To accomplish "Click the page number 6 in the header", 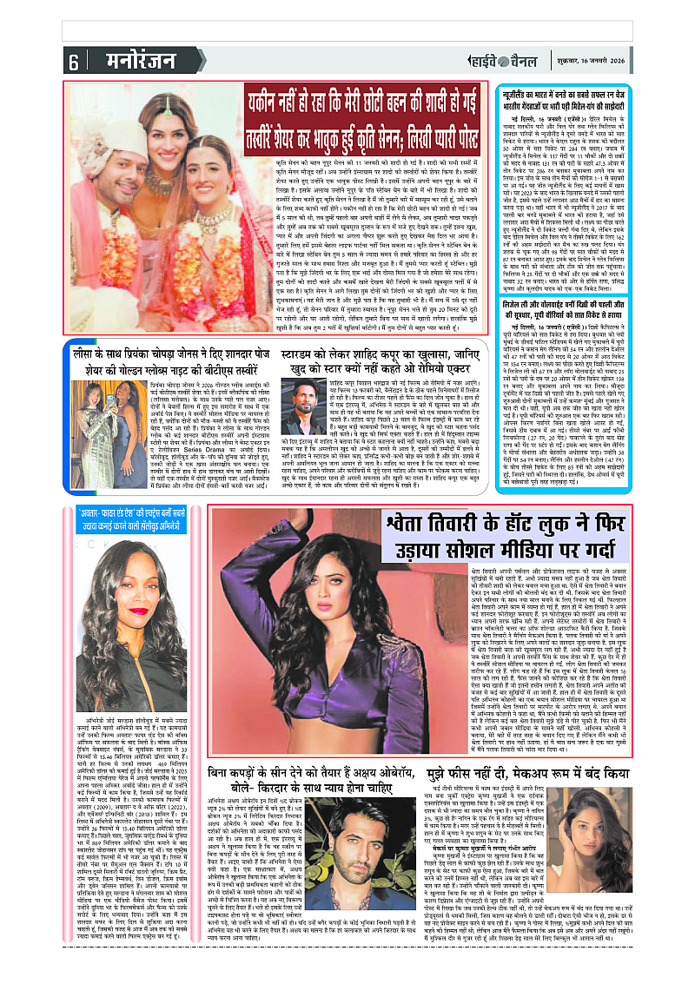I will [73, 61].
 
